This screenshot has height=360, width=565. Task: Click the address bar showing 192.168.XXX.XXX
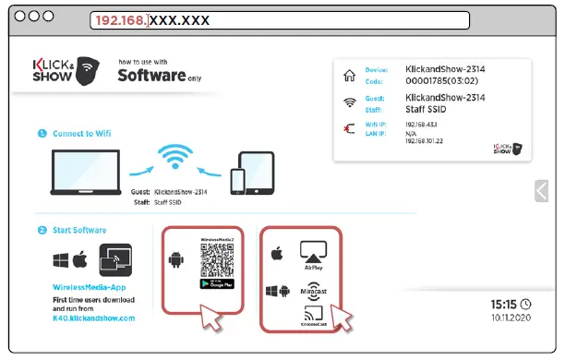point(277,18)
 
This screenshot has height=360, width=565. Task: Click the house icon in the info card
point(348,78)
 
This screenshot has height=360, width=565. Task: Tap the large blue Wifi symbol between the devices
point(182,158)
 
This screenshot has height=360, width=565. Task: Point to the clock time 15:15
point(503,304)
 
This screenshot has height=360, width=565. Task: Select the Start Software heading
point(78,230)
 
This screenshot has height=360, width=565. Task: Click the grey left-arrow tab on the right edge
point(541,190)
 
